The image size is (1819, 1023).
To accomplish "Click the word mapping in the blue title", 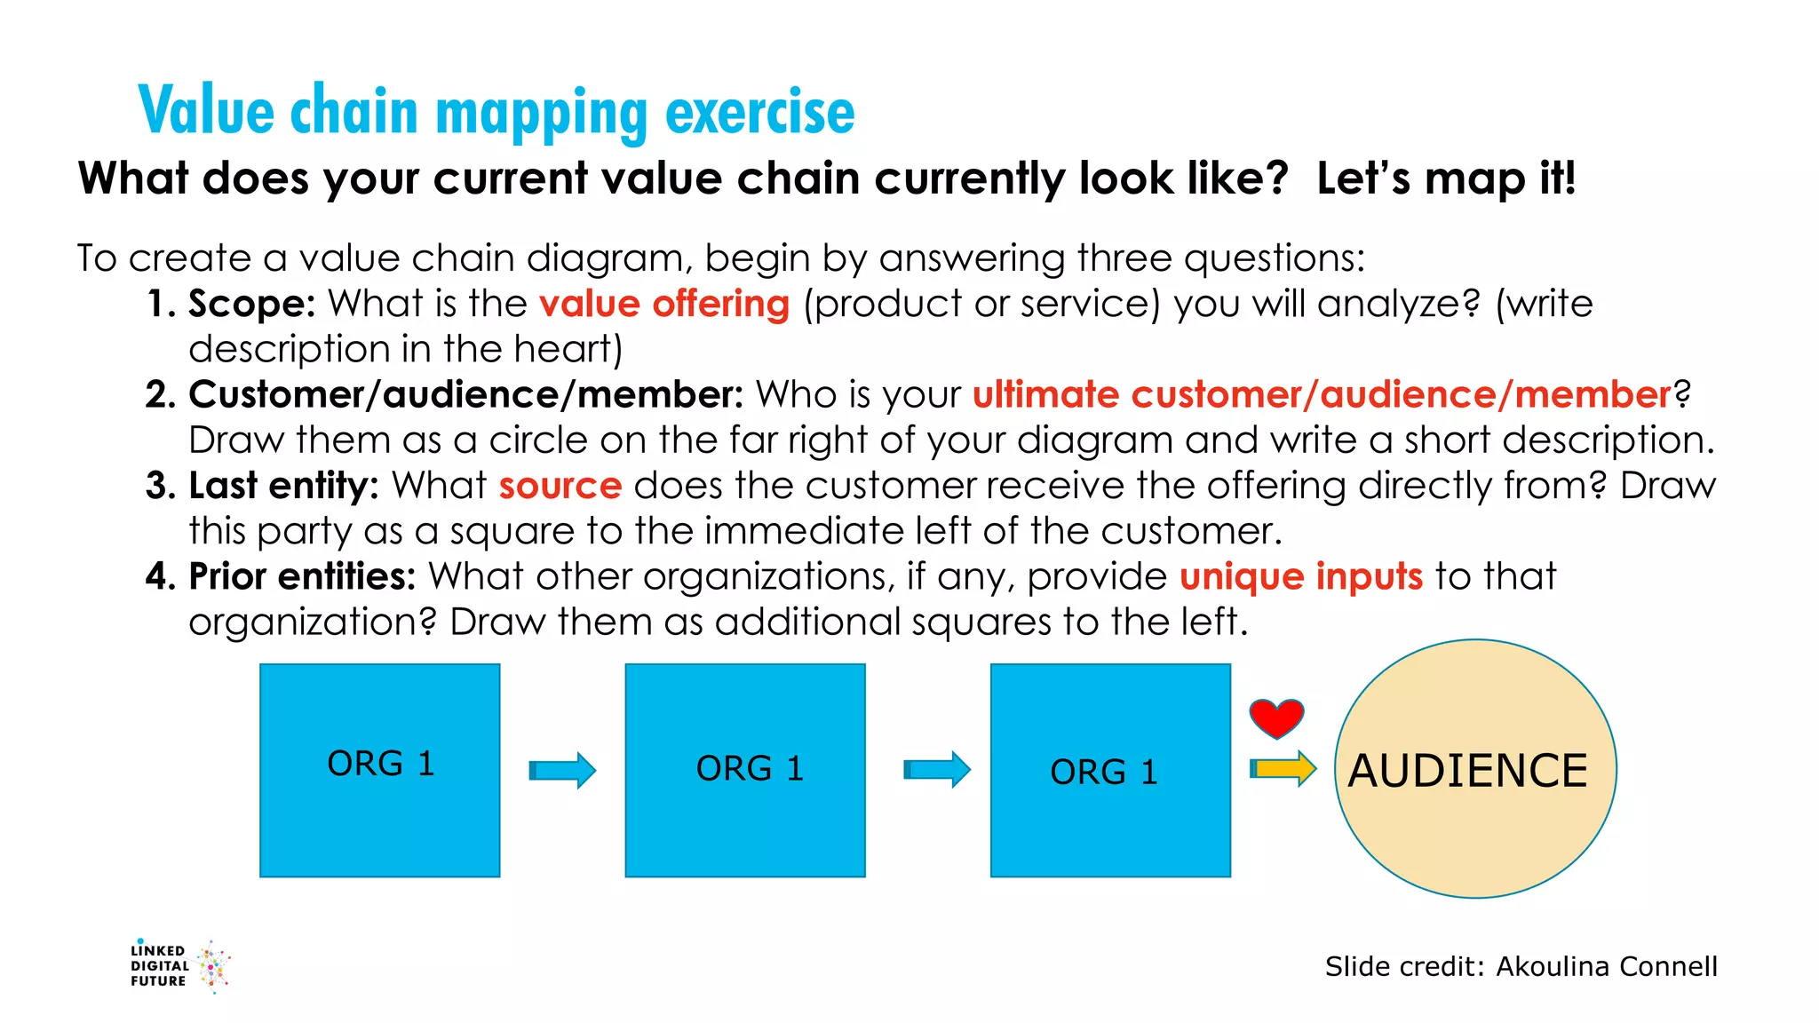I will click(x=542, y=113).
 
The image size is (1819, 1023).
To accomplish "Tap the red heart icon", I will click(x=1276, y=718).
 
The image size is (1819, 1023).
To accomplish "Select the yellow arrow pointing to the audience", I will click(x=1283, y=768).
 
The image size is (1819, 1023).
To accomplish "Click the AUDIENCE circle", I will click(x=1475, y=769).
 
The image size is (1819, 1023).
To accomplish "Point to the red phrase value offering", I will click(x=663, y=304).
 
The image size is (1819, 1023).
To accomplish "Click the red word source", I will click(x=560, y=486).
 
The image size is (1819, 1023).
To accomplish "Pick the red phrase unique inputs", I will click(x=1301, y=576).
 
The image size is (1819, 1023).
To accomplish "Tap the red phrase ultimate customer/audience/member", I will click(x=1322, y=394).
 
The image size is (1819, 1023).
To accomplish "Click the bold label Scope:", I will click(x=252, y=304).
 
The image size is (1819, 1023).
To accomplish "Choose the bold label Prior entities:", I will click(x=302, y=576).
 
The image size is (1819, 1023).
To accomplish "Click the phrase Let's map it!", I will click(x=1446, y=178).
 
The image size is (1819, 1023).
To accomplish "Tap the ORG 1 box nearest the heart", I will click(x=1110, y=770).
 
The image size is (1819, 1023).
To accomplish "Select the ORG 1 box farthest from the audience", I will click(x=380, y=770).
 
